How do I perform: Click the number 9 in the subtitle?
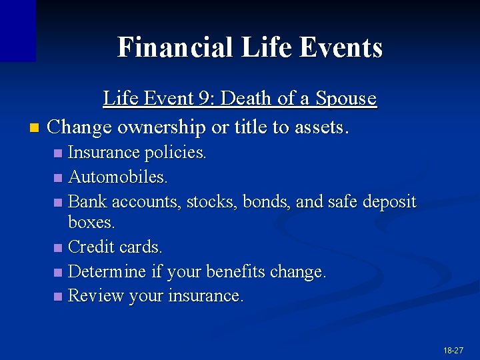[x=204, y=99]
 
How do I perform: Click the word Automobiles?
[x=118, y=177]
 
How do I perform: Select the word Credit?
[x=92, y=247]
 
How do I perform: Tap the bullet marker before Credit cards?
[x=59, y=248]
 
